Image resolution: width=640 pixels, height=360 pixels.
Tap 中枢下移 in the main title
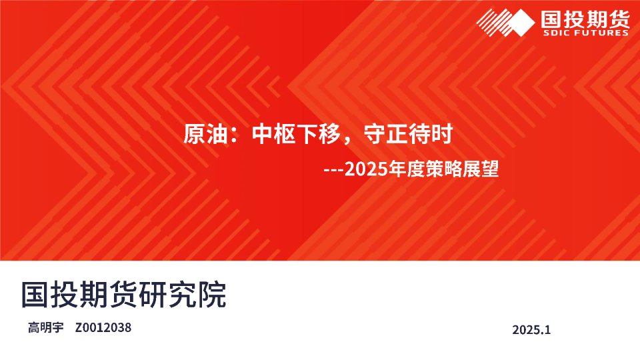click(296, 134)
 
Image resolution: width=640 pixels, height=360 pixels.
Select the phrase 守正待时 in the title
click(408, 134)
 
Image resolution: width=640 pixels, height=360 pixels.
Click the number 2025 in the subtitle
click(366, 169)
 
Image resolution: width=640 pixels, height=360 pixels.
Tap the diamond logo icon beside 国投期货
click(506, 23)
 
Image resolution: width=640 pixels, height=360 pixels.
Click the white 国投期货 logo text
click(585, 19)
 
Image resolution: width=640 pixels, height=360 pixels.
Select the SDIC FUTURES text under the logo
click(585, 33)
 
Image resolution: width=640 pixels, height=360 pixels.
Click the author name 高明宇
click(46, 327)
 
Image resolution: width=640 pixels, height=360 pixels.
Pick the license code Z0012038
click(103, 327)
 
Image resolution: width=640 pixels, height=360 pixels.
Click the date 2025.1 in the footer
click(531, 329)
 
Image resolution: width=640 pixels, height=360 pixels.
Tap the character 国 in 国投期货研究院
click(35, 294)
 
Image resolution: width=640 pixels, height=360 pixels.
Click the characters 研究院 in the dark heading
click(183, 294)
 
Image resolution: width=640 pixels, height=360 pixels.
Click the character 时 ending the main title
click(442, 134)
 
